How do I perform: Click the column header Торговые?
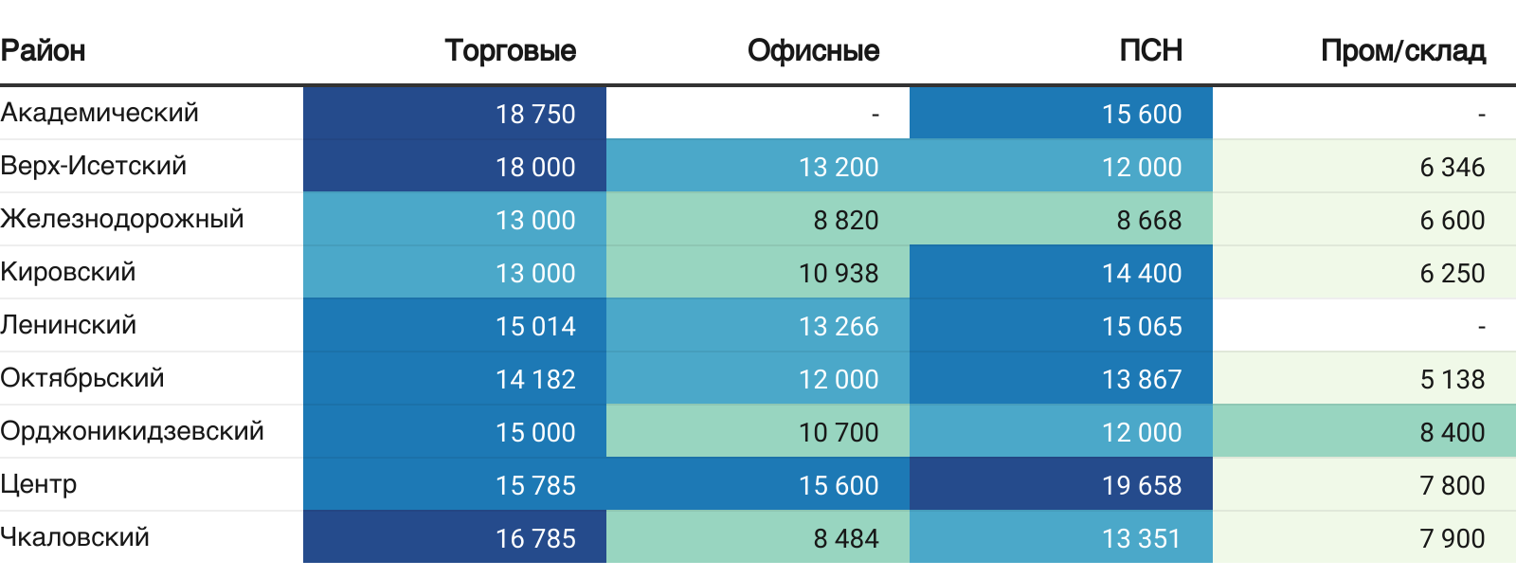tap(510, 50)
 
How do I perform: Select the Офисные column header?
tap(813, 50)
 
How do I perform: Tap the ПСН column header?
tap(1150, 50)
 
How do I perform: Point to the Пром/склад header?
tap(1402, 50)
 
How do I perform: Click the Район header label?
tap(44, 50)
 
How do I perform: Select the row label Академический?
tap(99, 113)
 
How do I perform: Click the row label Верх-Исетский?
tap(94, 166)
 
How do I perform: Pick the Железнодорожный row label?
tap(122, 219)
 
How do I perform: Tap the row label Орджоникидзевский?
tap(132, 431)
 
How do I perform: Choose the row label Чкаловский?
tap(75, 537)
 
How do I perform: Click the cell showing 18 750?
tap(535, 114)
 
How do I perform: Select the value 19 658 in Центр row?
tap(1142, 485)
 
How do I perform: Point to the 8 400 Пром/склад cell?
tap(1452, 432)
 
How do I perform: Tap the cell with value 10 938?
tap(839, 273)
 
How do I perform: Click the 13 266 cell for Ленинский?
tap(839, 326)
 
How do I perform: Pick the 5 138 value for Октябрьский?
tap(1452, 379)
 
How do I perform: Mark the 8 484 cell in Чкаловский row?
tap(845, 538)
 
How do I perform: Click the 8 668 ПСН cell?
tap(1148, 220)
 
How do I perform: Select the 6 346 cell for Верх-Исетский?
tap(1452, 167)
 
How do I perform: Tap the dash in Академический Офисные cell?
tap(875, 115)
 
